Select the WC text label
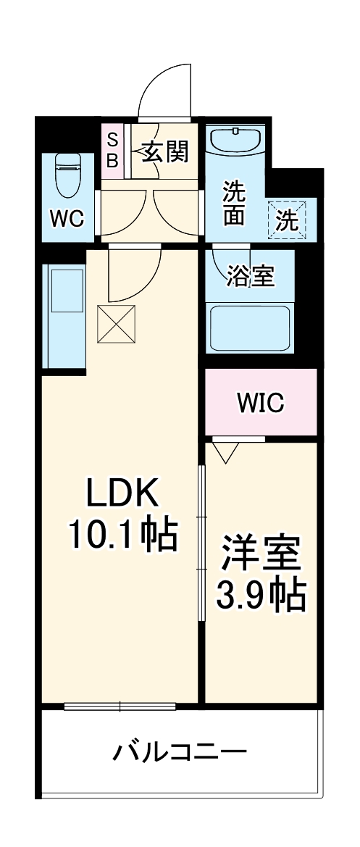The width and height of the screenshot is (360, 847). [x=67, y=217]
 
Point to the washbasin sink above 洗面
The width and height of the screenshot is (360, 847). [x=235, y=141]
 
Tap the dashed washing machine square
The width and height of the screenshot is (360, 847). [x=288, y=218]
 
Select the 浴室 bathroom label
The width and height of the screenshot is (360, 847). [x=250, y=276]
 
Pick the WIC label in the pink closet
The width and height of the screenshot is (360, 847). [x=260, y=403]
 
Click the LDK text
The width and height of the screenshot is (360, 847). [x=122, y=495]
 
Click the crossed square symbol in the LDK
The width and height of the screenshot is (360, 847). [x=117, y=323]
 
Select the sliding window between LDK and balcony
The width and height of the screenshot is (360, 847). [x=120, y=706]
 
